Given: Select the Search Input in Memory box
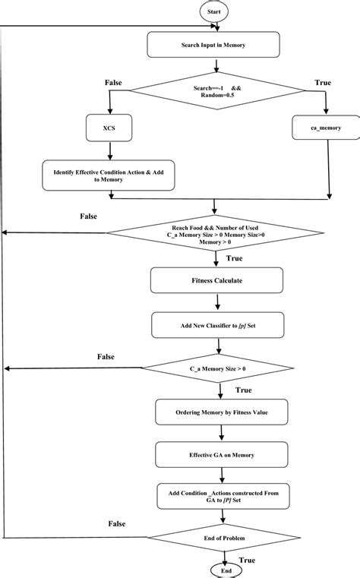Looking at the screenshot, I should (x=219, y=46).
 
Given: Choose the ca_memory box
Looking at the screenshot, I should (x=327, y=129).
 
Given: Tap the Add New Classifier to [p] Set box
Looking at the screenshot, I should (x=219, y=326).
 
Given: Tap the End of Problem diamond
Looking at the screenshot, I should (x=223, y=538).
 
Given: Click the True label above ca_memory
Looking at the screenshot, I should (x=322, y=82).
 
